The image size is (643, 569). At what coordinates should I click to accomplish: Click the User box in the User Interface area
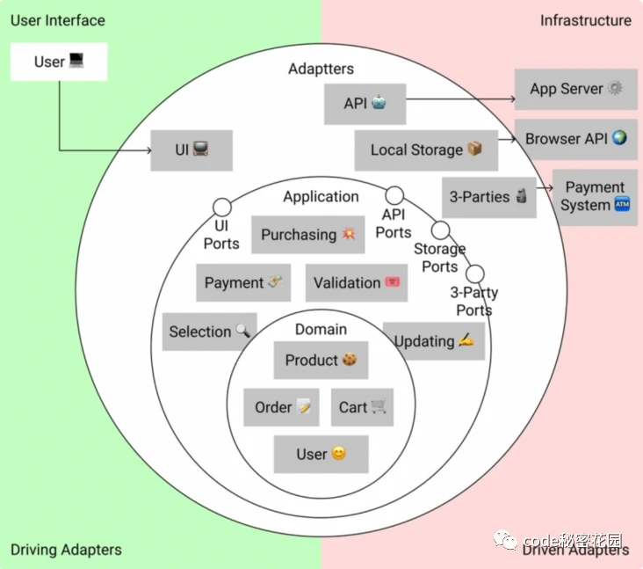click(59, 62)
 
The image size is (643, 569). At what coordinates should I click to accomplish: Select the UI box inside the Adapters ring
click(191, 150)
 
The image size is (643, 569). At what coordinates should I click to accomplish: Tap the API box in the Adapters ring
click(365, 104)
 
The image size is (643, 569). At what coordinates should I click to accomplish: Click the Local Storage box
click(426, 150)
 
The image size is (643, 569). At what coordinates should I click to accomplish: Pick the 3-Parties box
click(488, 197)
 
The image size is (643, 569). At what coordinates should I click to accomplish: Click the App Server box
click(576, 89)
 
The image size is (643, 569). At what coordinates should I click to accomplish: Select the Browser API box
click(576, 139)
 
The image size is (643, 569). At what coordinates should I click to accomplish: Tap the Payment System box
click(596, 197)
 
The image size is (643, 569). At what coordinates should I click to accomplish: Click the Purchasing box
click(307, 235)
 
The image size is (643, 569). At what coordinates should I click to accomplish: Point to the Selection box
click(209, 332)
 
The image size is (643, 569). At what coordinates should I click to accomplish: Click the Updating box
click(434, 341)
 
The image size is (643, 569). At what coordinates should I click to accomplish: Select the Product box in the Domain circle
click(321, 361)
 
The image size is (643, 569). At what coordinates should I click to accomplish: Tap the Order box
click(281, 407)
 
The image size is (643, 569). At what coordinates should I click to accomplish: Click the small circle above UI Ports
click(222, 208)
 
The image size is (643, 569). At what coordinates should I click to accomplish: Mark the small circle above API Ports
click(394, 195)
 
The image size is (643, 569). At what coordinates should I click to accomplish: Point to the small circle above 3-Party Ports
click(475, 274)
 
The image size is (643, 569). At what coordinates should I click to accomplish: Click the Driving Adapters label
click(66, 551)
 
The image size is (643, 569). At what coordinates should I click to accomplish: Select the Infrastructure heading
click(585, 20)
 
